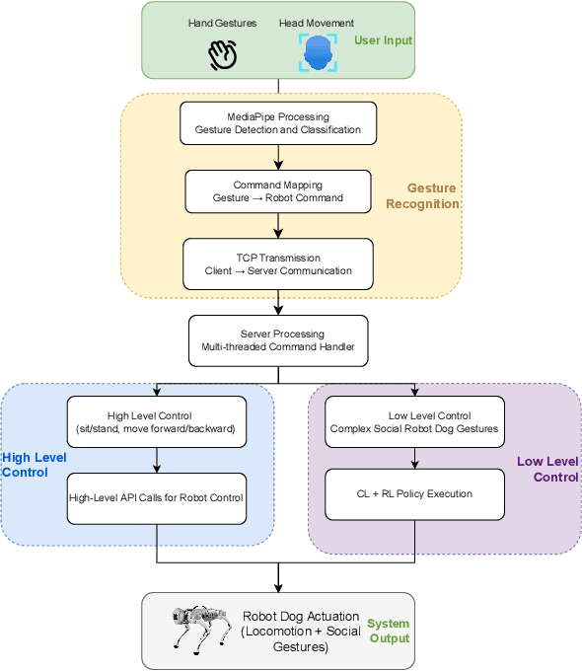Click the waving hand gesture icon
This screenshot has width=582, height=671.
coord(224,55)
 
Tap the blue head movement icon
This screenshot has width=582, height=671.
coord(319,54)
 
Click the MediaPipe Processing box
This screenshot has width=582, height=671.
coord(278,123)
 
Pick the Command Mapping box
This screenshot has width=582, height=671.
coord(278,191)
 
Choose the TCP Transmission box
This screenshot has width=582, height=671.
coord(278,263)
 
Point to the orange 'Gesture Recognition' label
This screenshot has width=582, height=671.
coord(433,195)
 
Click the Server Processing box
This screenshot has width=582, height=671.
coord(278,340)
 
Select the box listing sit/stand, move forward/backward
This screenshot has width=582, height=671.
coord(156,422)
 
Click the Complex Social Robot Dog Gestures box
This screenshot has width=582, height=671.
coord(414,422)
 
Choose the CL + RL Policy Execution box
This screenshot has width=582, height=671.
coord(414,493)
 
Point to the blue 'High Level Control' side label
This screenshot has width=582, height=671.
coord(33,465)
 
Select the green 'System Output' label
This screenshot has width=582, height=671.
coord(389,631)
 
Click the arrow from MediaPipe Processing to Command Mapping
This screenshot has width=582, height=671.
coord(278,157)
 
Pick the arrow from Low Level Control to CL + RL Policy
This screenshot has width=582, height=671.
coord(414,457)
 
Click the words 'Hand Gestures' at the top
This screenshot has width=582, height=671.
coord(223,22)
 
